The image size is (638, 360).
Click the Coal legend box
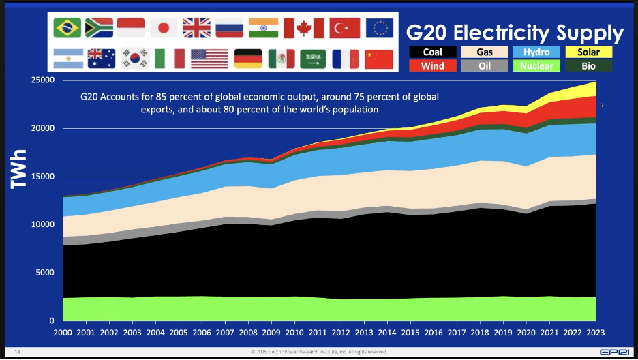433,52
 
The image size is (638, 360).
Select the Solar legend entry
588,52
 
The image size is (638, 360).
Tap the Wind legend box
433,66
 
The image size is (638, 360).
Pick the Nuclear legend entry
536,66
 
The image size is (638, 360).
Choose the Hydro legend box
536,52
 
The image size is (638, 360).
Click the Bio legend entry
588,66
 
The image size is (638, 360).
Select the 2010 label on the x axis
294,333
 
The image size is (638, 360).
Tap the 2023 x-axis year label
596,333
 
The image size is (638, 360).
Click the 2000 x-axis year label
63,333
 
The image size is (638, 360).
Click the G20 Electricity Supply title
515,32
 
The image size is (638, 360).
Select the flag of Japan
164,27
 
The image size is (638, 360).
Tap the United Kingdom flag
197,27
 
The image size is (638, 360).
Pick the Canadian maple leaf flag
299,28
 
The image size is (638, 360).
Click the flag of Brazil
68,27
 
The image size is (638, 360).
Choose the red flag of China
378,59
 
